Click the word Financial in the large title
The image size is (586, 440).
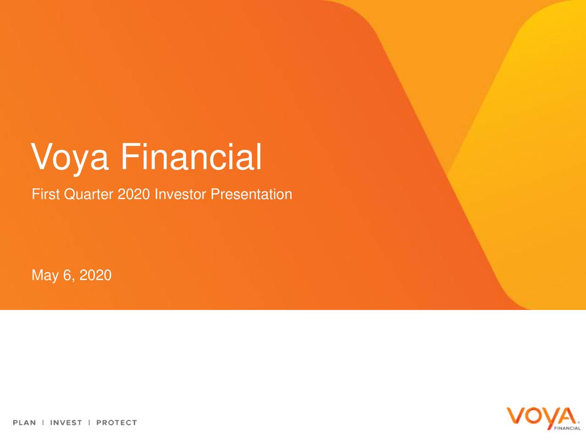coord(191,157)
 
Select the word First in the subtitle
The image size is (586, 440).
coord(45,194)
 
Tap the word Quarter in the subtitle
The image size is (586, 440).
coord(89,195)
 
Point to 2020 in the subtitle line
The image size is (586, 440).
coord(134,194)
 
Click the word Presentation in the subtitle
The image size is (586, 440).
coord(251,194)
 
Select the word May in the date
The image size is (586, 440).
coord(45,275)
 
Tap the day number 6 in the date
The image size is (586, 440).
coord(68,275)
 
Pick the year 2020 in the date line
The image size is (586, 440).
coord(95,275)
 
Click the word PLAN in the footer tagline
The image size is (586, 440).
coord(24,423)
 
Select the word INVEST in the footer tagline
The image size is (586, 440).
coord(66,423)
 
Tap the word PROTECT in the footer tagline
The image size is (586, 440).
coord(116,423)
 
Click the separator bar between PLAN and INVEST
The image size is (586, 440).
coord(43,423)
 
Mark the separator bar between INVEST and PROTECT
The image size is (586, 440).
coord(89,423)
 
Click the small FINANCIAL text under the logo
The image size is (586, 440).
coord(567,428)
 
